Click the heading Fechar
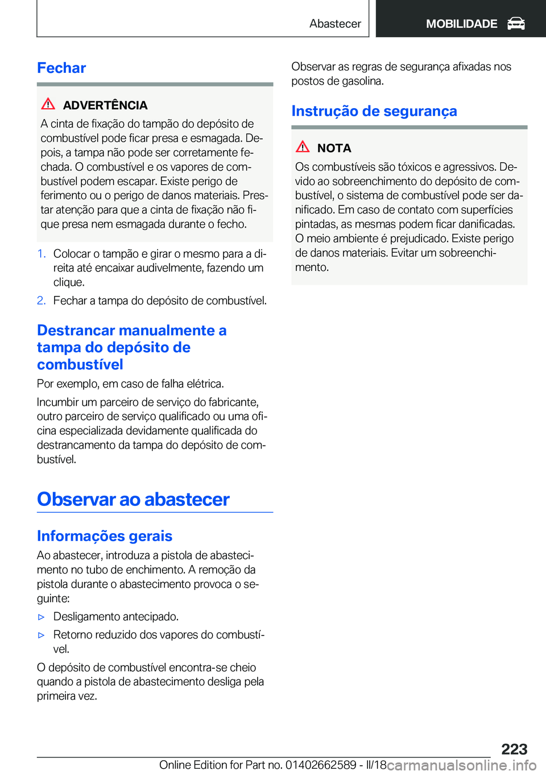click(61, 68)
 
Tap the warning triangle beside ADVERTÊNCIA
click(48, 104)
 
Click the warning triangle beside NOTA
click(303, 147)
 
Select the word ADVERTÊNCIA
click(105, 105)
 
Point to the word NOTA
click(334, 148)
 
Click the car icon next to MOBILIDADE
click(516, 23)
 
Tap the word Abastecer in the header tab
click(335, 24)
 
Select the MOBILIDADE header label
click(461, 24)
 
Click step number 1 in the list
click(41, 254)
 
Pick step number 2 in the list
click(41, 300)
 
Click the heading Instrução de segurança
click(374, 111)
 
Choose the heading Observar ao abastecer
click(133, 499)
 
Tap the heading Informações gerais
click(105, 536)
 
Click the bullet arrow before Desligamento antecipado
click(41, 617)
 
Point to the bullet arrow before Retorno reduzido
click(41, 635)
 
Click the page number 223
click(514, 749)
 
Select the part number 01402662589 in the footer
click(321, 765)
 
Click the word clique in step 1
click(69, 282)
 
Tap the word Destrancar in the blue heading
click(77, 331)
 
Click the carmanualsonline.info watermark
click(461, 765)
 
